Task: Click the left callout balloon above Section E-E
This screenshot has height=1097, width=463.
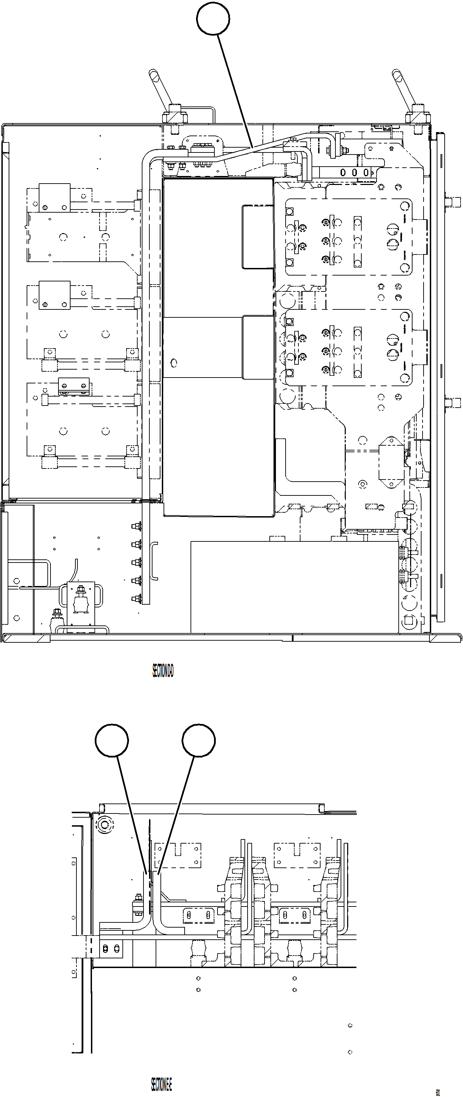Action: coord(112,741)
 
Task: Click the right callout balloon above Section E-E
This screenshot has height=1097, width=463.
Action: coord(198,741)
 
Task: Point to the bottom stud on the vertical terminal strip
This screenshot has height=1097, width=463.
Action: coord(137,599)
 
